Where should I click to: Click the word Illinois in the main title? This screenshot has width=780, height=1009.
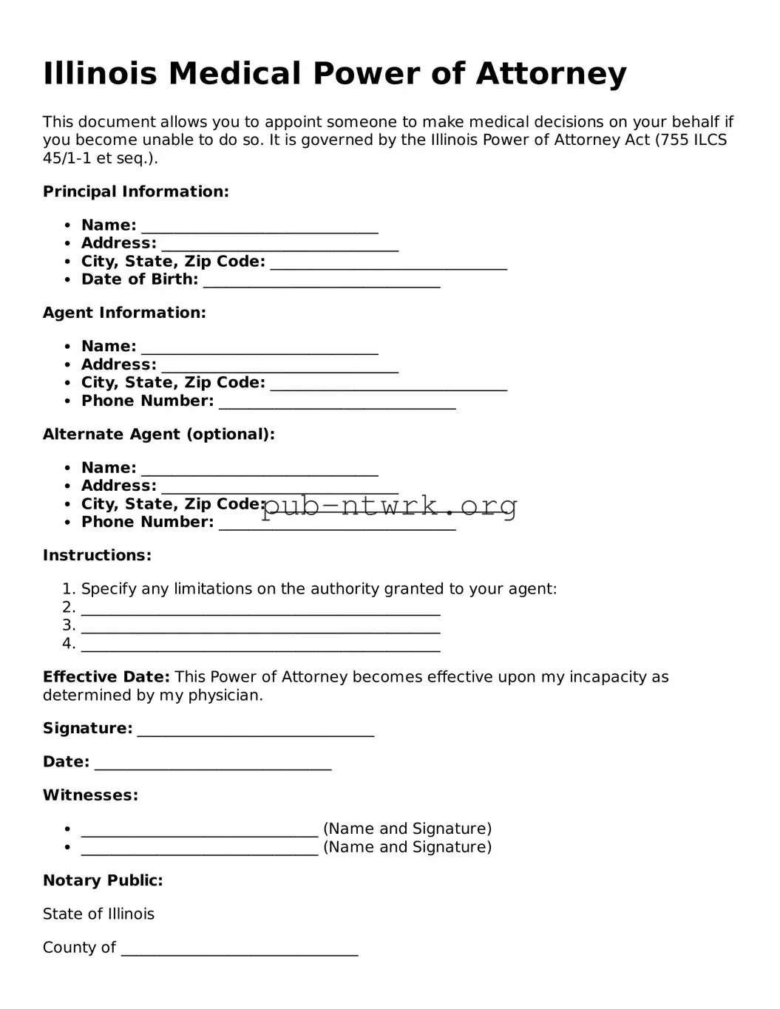click(100, 74)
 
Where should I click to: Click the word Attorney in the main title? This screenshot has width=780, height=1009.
click(551, 74)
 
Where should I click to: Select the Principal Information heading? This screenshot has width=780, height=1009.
click(136, 191)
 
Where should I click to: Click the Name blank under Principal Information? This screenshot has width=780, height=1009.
click(260, 227)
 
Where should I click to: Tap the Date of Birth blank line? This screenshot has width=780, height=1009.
click(322, 281)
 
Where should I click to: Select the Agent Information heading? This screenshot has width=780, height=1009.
click(124, 313)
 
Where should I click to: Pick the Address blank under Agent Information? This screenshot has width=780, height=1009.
click(279, 366)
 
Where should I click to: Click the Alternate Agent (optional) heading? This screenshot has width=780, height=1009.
click(159, 434)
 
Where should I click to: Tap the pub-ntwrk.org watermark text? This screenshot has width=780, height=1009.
click(390, 506)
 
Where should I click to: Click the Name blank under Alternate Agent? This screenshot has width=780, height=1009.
click(260, 469)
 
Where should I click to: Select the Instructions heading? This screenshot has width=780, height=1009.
click(97, 555)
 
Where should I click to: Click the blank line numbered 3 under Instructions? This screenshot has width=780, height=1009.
click(260, 627)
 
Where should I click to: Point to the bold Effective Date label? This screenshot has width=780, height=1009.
click(106, 677)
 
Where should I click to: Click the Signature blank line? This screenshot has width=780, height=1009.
click(256, 730)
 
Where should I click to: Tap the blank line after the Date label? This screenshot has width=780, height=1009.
click(213, 764)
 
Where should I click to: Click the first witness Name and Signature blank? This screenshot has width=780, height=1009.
click(200, 830)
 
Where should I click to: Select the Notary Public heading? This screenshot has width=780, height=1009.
click(103, 880)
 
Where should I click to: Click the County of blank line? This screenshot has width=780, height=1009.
click(240, 949)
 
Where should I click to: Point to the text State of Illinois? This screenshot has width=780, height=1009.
click(98, 914)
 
